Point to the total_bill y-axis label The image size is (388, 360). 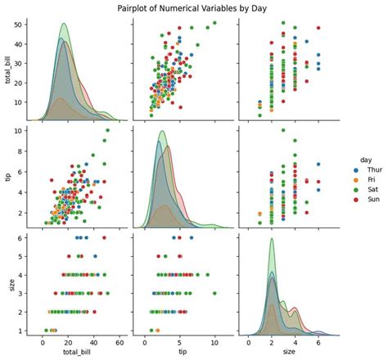click(8, 69)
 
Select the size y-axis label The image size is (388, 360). click(8, 284)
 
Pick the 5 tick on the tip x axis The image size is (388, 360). click(179, 342)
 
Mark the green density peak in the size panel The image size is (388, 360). click(271, 239)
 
